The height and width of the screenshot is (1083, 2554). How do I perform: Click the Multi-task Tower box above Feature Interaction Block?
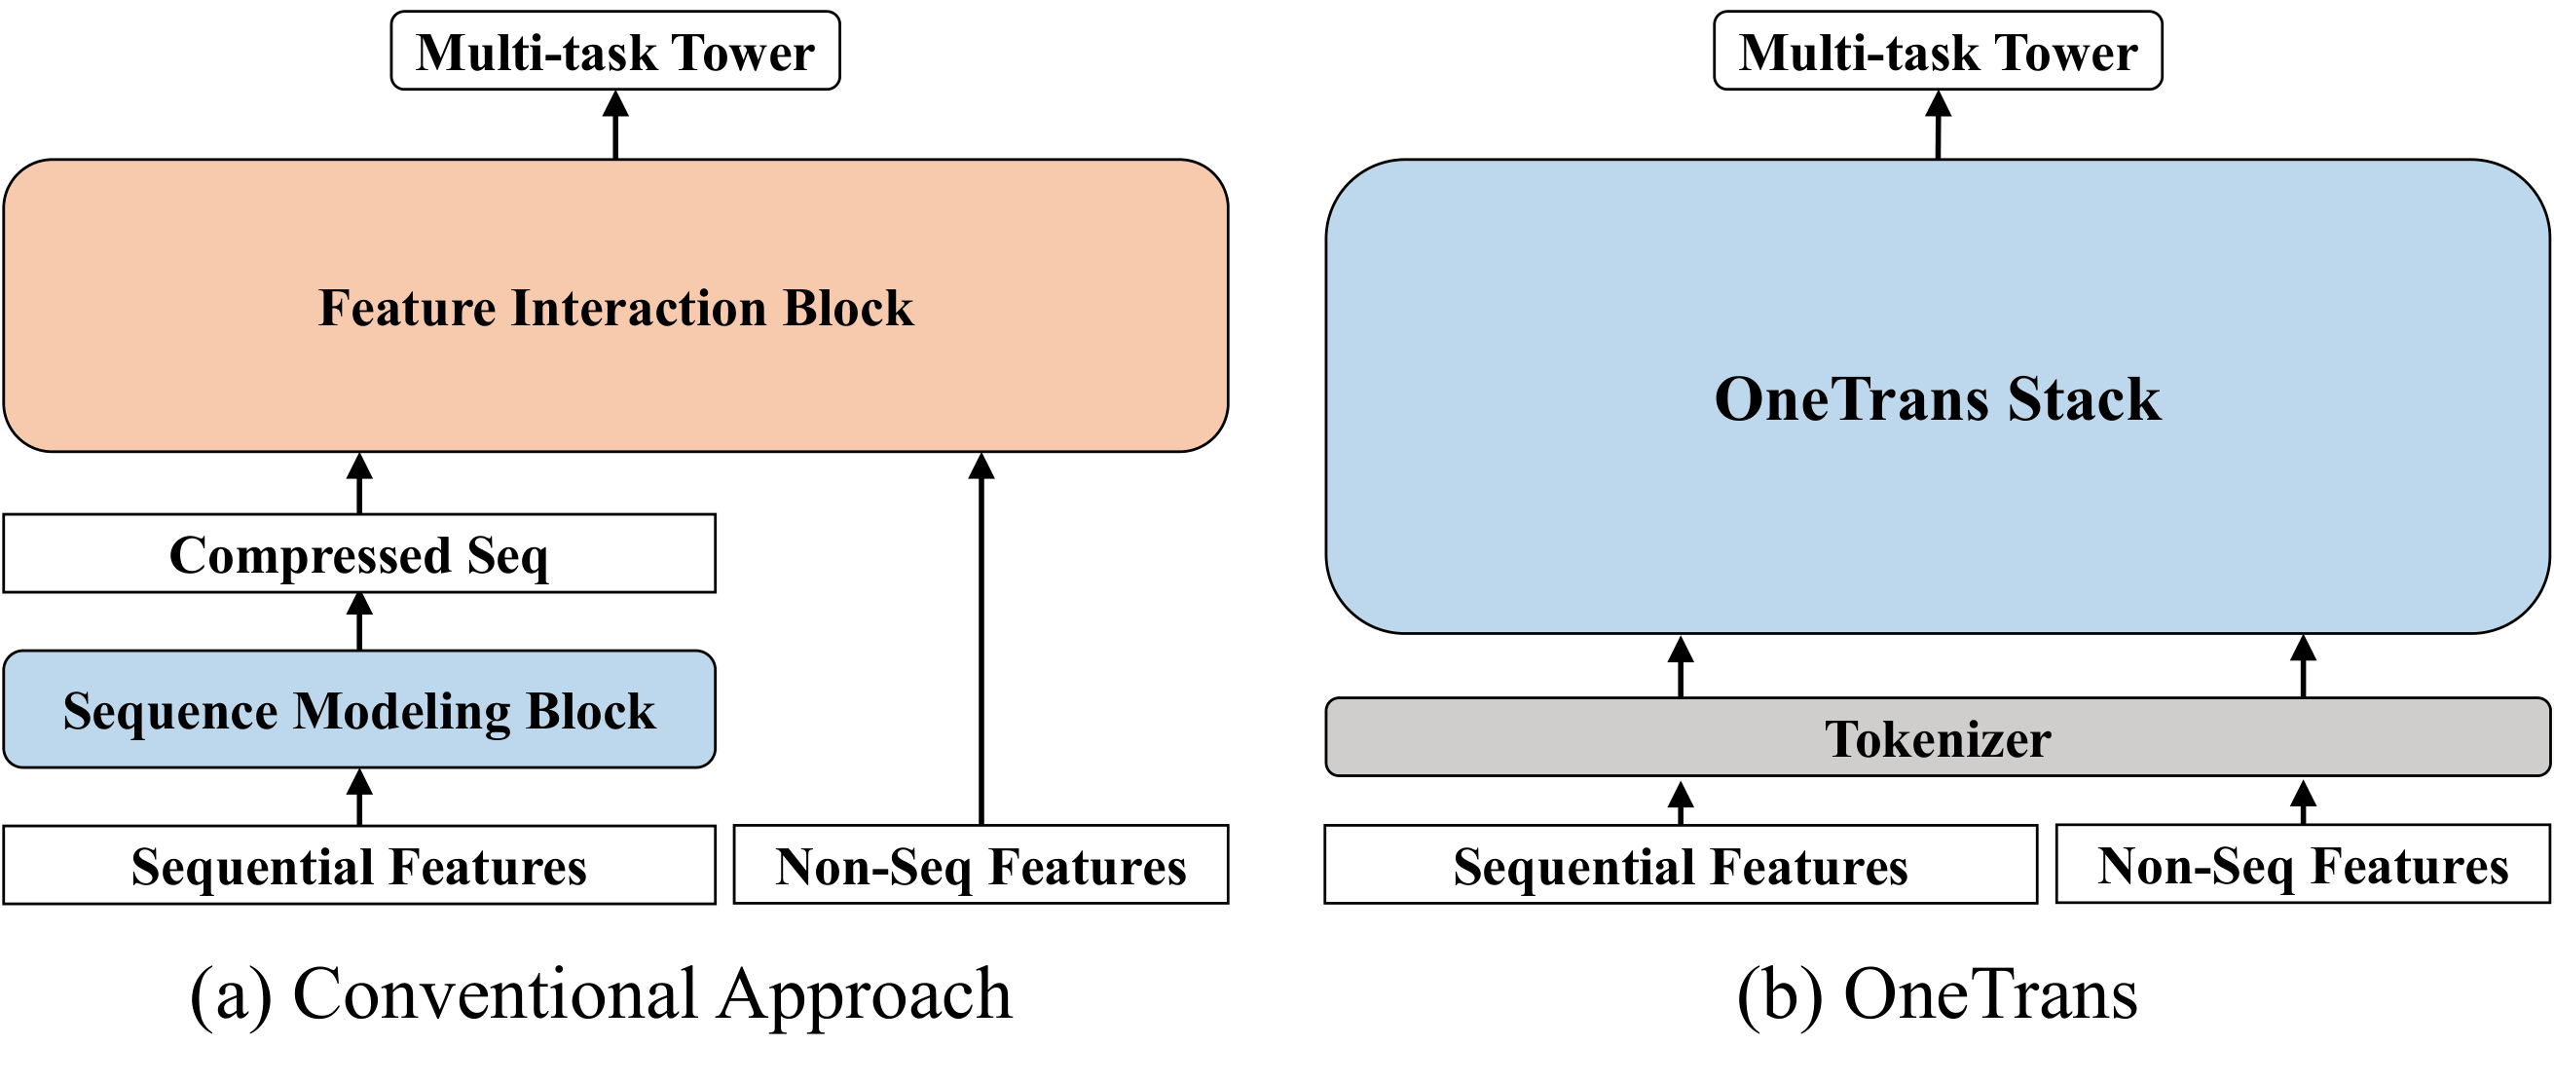pos(614,52)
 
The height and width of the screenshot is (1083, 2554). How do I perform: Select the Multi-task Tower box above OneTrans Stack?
pos(1938,52)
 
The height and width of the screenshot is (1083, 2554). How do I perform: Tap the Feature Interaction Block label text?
pos(614,308)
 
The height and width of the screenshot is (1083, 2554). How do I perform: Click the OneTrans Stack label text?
pos(1938,398)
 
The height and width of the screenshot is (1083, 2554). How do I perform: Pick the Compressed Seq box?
pos(359,553)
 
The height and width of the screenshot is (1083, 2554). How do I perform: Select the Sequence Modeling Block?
pos(359,710)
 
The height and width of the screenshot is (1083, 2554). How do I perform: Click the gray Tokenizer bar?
pos(1938,738)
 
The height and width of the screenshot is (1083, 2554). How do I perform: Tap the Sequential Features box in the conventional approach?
pos(359,865)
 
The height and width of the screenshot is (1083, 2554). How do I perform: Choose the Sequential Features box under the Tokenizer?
pos(1681,865)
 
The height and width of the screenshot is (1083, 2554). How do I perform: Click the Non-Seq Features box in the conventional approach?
pos(981,865)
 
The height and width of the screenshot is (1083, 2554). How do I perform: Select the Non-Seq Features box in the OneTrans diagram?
pos(2302,865)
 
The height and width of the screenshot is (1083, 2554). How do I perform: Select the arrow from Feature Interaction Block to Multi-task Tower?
pos(615,126)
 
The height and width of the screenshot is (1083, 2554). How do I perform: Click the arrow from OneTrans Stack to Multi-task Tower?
pos(1939,126)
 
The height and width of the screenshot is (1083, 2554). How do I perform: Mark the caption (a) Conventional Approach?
pos(601,993)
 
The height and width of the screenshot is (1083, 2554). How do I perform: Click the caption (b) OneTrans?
pos(1938,993)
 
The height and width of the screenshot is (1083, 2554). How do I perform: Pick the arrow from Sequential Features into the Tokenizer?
pos(1681,803)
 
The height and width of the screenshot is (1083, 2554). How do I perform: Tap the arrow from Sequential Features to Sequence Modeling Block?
pos(360,798)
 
